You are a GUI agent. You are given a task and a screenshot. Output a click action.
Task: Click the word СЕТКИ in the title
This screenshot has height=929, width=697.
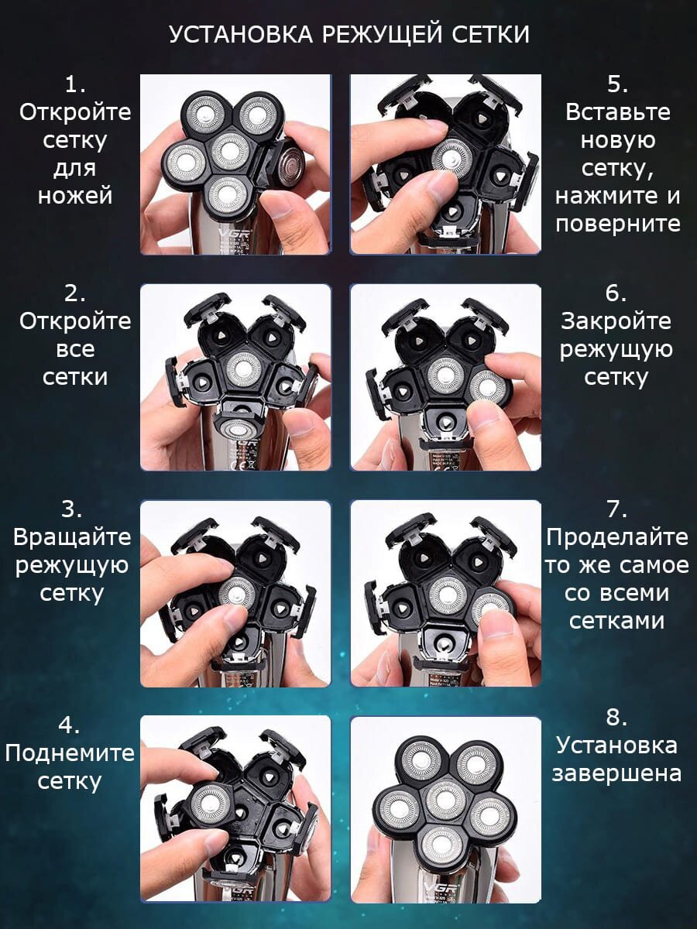pos(490,34)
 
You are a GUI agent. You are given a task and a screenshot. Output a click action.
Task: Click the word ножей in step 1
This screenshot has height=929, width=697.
pos(75,196)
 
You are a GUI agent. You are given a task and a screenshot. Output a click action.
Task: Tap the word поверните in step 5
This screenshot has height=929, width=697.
pos(618,224)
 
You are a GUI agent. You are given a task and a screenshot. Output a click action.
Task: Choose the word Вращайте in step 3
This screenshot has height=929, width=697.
pos(72,538)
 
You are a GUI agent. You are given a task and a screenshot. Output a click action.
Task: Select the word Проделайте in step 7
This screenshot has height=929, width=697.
pos(617,537)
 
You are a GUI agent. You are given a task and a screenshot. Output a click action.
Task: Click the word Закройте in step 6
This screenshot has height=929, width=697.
pos(616,321)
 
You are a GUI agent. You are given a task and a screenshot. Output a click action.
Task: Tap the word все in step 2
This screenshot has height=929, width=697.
pos(75,350)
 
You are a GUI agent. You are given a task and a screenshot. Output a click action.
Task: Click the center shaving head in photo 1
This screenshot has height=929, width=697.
pos(231,150)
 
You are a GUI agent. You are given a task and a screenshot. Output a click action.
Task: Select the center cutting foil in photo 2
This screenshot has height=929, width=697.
pos(243,369)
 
